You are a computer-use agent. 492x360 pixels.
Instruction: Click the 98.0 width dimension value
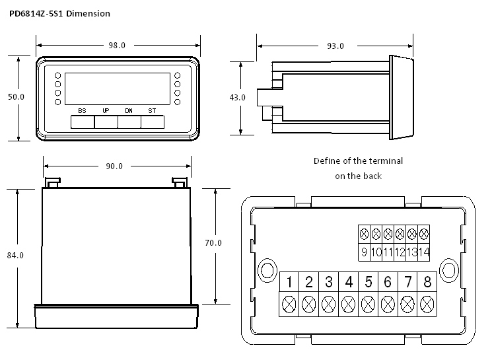[117, 45]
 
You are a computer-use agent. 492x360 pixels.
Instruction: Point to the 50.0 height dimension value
[16, 96]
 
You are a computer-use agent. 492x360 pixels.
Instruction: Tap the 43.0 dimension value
[237, 97]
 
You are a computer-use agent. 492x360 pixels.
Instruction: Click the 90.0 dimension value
[114, 166]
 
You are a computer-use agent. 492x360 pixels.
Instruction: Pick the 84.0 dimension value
[16, 255]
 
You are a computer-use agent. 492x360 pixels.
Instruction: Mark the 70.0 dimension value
[213, 243]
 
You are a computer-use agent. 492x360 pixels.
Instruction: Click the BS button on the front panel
[82, 121]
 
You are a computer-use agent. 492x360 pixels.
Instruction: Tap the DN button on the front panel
[129, 121]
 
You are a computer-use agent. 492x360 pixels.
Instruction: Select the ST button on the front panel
[152, 121]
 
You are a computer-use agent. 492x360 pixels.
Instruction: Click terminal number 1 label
[289, 282]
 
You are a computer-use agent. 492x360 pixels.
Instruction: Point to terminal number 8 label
[427, 282]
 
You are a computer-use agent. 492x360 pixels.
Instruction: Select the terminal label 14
[423, 252]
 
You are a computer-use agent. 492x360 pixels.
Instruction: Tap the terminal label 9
[364, 252]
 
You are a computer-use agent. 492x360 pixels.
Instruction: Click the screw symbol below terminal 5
[369, 304]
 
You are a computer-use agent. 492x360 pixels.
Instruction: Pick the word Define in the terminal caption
[326, 161]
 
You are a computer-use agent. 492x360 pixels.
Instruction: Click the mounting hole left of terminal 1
[267, 270]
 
